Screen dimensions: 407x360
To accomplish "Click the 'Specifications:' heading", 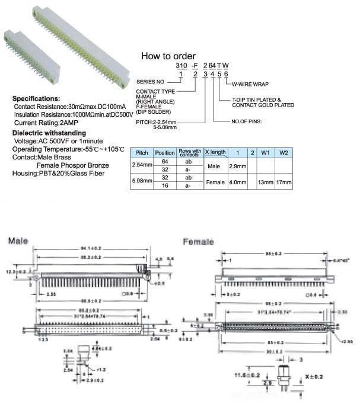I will tap(36, 98).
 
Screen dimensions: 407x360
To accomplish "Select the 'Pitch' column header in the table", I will tap(142, 153).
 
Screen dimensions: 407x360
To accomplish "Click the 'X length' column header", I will tap(215, 152).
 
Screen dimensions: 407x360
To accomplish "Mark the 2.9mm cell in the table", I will tap(237, 166).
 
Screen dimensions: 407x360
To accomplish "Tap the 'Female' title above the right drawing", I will tap(199, 242).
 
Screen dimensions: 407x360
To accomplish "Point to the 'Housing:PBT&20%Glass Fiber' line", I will tap(59, 174).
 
